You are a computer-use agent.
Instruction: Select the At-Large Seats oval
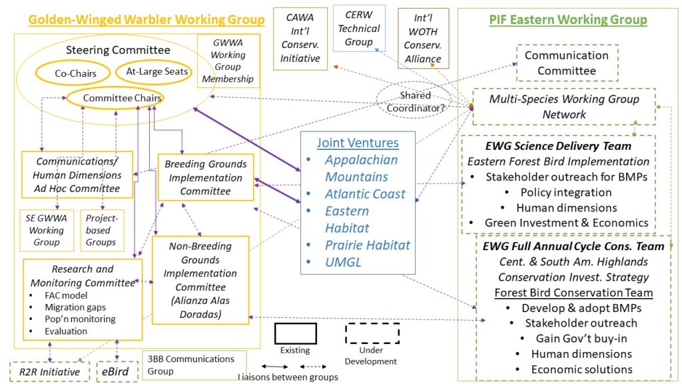[x=153, y=71]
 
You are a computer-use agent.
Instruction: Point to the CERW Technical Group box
[x=358, y=29]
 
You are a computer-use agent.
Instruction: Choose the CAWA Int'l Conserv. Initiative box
[x=300, y=39]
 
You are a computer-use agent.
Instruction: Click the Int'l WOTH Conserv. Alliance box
[x=423, y=39]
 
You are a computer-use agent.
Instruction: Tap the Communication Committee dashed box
[x=567, y=63]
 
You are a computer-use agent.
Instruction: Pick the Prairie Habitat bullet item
[x=367, y=245]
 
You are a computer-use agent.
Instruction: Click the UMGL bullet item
[x=343, y=262]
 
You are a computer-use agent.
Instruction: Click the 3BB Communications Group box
[x=194, y=365]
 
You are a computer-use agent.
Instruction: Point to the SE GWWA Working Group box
[x=46, y=230]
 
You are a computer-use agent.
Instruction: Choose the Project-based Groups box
[x=100, y=230]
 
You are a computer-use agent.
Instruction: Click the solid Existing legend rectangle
[x=295, y=333]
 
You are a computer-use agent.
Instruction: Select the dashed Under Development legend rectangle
[x=372, y=333]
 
